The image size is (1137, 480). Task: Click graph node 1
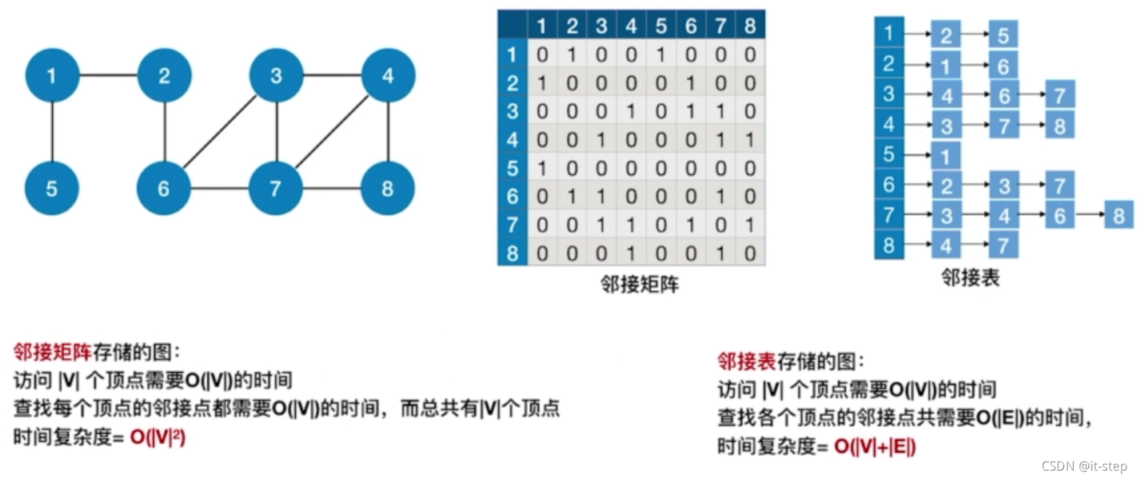coord(52,76)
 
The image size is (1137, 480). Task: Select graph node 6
coord(163,189)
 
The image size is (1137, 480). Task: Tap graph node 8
coord(388,189)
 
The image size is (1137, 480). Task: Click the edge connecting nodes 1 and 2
coord(108,75)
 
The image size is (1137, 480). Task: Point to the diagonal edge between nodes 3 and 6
coord(220,132)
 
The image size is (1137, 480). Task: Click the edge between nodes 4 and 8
coord(389,132)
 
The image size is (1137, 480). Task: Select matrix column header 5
coord(661,26)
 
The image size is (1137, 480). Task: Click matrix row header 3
coord(512,111)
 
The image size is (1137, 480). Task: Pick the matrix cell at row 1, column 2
coord(572,54)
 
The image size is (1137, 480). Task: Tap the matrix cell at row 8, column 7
coord(721,253)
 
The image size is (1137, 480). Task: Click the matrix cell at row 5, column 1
coord(542,168)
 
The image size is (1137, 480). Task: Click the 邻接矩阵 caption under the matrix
coord(640,284)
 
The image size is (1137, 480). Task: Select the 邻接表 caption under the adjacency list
coord(970,278)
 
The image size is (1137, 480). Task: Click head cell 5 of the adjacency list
coord(889,154)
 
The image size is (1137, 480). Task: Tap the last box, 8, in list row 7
coord(1118,215)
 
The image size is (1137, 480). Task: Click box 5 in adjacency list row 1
coord(1003,35)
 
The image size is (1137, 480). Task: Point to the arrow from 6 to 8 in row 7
coord(1089,214)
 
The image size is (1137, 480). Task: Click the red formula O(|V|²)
coord(158,437)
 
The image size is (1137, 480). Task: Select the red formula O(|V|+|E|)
coord(875,446)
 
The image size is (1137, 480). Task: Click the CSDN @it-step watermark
coord(1084,466)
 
